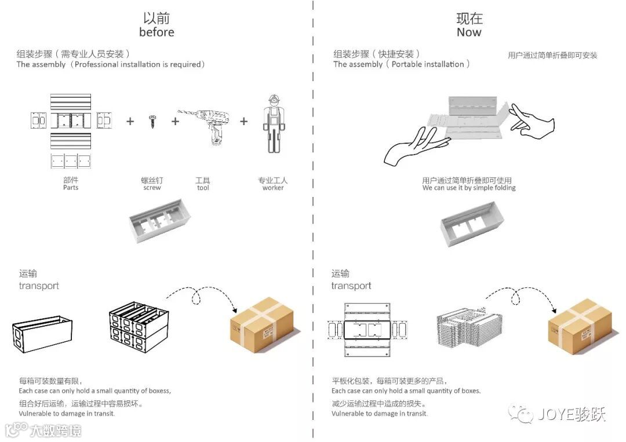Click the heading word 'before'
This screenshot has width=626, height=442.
156,32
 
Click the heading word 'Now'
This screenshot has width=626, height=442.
469,32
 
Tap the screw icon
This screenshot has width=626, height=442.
152,121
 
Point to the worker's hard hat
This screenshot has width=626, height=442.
272,98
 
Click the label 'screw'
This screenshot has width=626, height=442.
152,188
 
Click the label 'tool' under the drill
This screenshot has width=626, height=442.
203,188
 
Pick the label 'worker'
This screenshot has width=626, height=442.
272,188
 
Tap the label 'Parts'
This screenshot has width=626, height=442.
71,188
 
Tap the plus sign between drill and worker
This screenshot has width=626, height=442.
244,121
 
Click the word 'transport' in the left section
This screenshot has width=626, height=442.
39,286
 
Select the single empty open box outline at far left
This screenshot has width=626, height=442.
42,333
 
